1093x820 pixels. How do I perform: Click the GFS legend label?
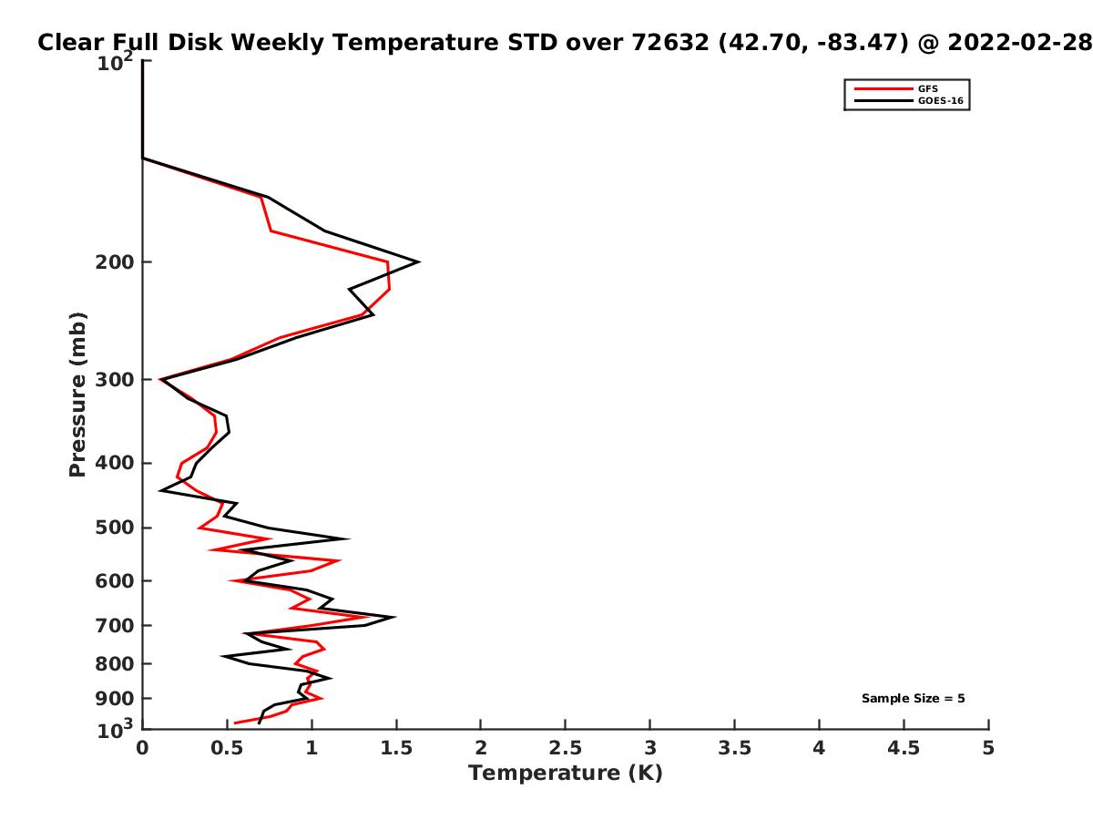click(927, 88)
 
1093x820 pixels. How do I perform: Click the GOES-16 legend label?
click(941, 100)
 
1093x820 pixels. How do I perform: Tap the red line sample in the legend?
click(884, 88)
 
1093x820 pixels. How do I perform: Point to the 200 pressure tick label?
click(115, 261)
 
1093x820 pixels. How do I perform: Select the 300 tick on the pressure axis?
click(115, 379)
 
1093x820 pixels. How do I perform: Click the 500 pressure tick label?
click(115, 528)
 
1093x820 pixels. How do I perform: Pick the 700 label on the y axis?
click(115, 625)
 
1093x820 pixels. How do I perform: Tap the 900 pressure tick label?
click(115, 699)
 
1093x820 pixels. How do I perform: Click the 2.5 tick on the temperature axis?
click(566, 748)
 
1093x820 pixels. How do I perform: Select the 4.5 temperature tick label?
click(904, 748)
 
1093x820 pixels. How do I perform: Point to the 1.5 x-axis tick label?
click(396, 748)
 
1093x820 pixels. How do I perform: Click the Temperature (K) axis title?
click(566, 774)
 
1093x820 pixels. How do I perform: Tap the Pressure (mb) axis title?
click(77, 395)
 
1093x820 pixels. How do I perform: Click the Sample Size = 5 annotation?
click(913, 698)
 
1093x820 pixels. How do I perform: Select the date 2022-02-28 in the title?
click(1020, 43)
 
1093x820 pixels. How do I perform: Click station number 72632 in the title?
click(670, 43)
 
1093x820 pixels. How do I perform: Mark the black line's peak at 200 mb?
click(419, 261)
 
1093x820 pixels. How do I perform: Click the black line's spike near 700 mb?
click(394, 618)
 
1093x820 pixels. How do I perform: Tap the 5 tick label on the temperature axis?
click(988, 748)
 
